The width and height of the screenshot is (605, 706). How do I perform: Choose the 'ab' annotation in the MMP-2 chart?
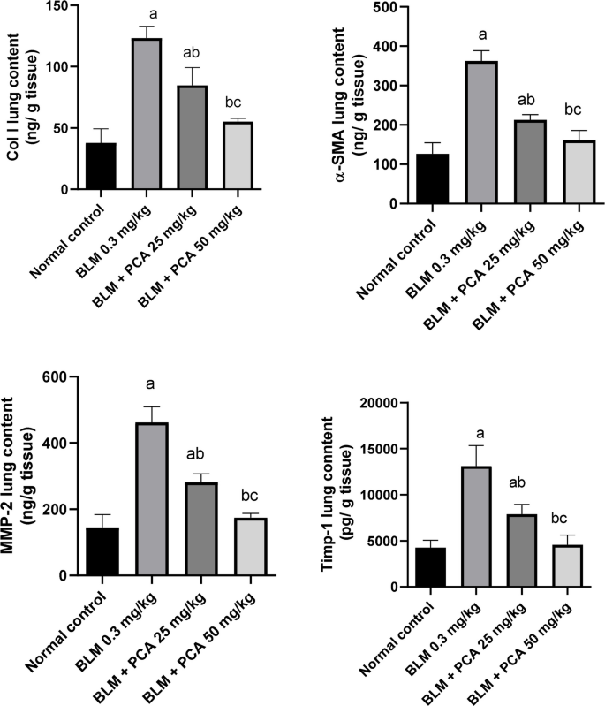point(193,455)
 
